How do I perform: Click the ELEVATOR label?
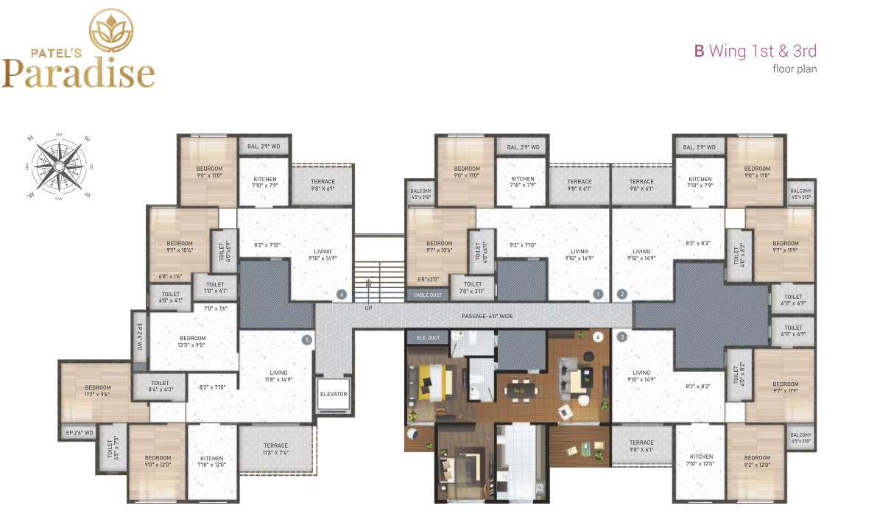click(x=334, y=394)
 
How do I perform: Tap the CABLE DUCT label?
click(x=427, y=295)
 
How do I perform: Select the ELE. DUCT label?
click(x=427, y=338)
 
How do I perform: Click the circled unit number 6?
click(x=341, y=295)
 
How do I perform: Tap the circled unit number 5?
click(x=307, y=339)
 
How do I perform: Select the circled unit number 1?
click(x=598, y=295)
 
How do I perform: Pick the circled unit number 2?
click(x=622, y=295)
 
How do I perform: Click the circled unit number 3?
click(x=622, y=337)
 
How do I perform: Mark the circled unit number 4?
click(x=598, y=337)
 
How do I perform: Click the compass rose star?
click(x=58, y=166)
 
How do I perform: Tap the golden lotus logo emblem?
click(x=111, y=31)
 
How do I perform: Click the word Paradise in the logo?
click(x=78, y=74)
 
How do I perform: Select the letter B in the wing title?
click(x=700, y=51)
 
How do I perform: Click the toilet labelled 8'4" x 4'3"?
click(x=160, y=387)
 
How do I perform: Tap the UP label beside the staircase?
click(x=368, y=308)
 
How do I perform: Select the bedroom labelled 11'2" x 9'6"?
click(x=97, y=391)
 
